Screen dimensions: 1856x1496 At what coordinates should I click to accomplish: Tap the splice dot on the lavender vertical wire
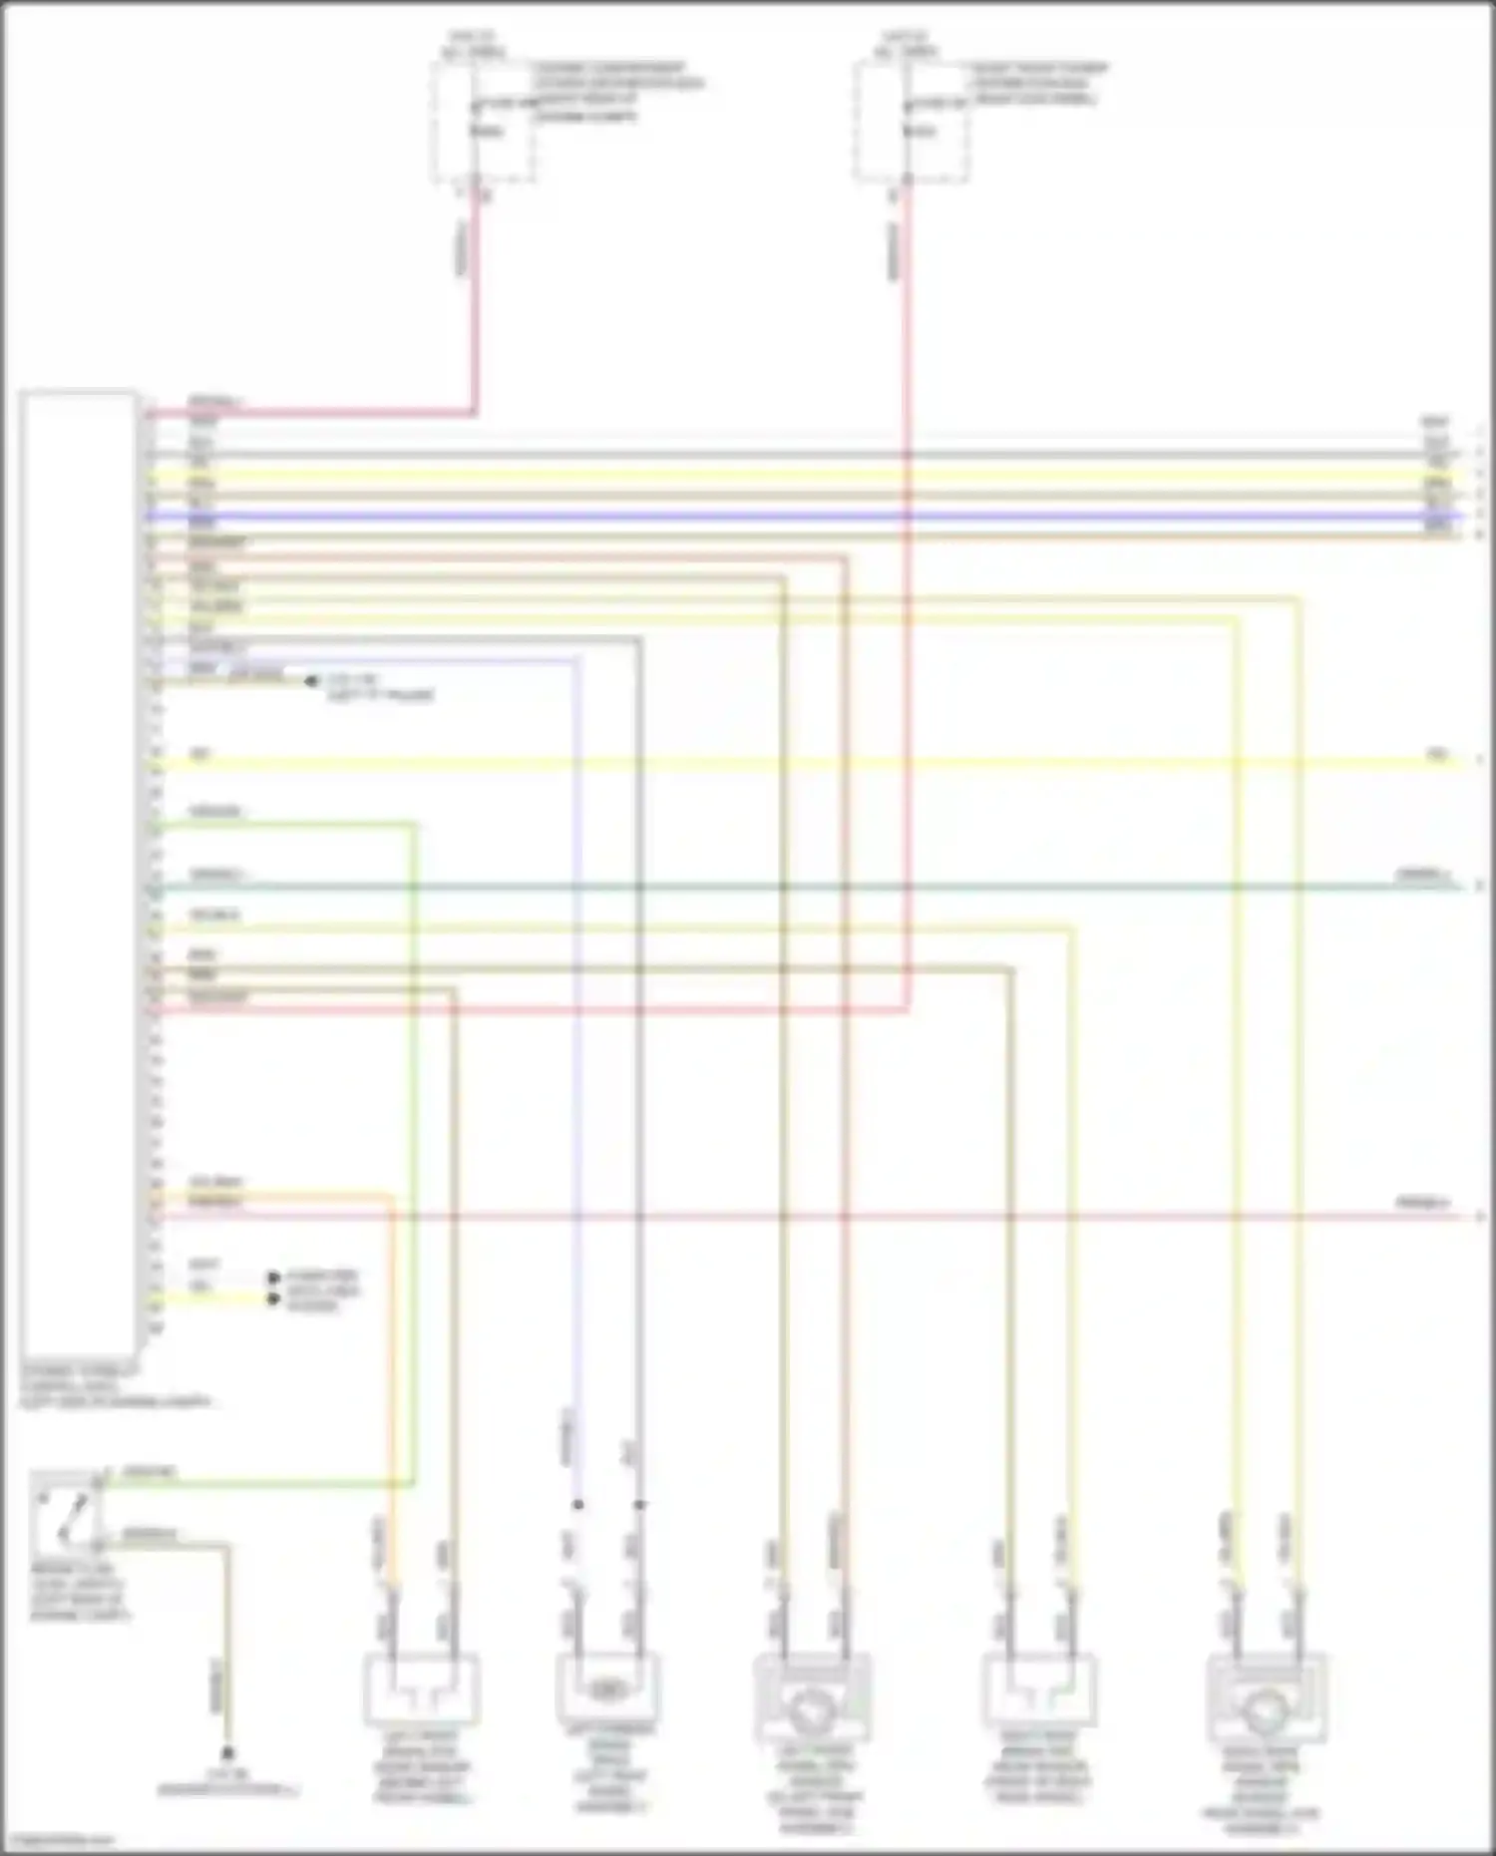tap(577, 1504)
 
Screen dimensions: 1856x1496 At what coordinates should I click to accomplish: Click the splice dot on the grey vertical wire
tap(639, 1504)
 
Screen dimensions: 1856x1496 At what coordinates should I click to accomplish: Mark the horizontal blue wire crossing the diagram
tap(798, 517)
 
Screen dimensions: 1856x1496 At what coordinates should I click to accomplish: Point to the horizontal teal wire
tap(798, 887)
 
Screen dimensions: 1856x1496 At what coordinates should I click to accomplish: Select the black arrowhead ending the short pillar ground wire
tap(311, 681)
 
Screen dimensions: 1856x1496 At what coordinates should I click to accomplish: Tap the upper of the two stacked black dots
tap(272, 1278)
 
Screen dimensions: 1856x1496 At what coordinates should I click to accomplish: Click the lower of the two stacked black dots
tap(272, 1299)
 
